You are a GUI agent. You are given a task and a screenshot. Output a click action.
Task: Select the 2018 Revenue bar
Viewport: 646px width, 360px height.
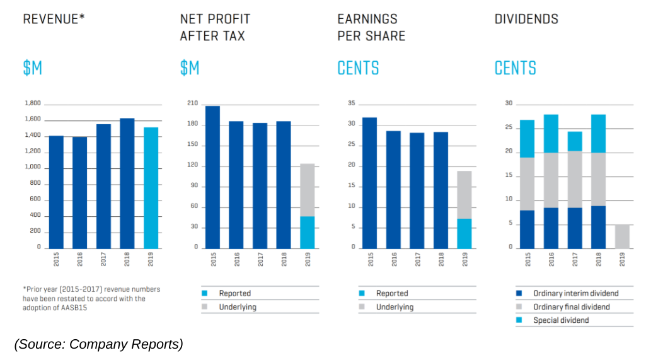[127, 183]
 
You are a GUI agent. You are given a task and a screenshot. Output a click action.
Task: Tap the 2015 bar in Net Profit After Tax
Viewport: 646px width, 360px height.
[212, 177]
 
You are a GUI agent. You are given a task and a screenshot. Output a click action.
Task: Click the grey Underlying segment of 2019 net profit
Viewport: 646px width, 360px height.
[307, 190]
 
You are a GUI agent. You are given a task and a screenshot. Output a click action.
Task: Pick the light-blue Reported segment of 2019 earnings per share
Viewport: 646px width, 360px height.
[464, 233]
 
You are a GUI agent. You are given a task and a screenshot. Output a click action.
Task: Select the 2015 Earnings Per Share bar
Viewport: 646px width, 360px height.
[369, 182]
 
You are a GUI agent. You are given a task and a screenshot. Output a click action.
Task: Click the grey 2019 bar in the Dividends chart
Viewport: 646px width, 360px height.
[621, 236]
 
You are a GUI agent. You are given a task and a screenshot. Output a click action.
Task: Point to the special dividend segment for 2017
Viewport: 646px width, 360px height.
[574, 141]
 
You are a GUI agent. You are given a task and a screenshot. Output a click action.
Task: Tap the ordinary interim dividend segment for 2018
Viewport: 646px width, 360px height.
[598, 226]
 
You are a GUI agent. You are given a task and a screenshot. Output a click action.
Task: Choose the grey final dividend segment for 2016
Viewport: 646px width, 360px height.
[551, 180]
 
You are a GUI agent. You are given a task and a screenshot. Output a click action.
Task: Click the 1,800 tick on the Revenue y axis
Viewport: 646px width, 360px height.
[32, 103]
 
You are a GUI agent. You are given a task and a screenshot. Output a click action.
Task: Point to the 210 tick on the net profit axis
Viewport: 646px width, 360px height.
[193, 103]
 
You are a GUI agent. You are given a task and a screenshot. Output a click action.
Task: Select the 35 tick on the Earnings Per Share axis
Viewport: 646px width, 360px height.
[352, 103]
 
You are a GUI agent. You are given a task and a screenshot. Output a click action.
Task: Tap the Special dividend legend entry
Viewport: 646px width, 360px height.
[561, 320]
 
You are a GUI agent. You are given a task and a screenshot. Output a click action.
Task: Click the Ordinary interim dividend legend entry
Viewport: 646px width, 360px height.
[575, 293]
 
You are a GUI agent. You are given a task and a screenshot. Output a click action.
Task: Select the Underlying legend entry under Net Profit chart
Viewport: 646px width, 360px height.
[238, 307]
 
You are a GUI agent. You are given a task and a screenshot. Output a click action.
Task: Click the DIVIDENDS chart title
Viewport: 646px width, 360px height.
[526, 19]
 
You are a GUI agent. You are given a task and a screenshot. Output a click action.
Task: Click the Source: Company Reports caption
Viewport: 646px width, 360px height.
[98, 344]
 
